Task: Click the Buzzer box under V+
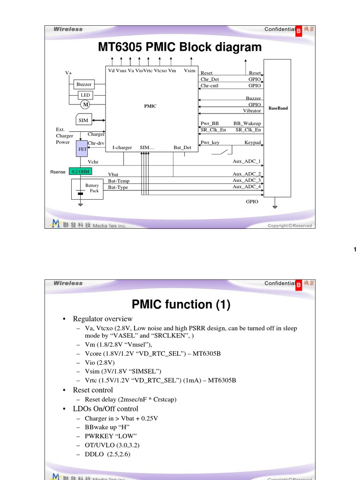point(84,84)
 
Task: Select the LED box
point(85,95)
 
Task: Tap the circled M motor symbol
point(85,104)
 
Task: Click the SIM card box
point(83,120)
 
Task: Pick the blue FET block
point(82,149)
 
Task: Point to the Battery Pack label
point(92,188)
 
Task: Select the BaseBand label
point(278,108)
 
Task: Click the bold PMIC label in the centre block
point(150,106)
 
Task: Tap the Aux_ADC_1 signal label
point(247,161)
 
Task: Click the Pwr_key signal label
point(210,142)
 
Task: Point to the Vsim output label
point(190,70)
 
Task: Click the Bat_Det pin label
point(182,148)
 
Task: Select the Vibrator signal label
point(252,111)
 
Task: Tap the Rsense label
point(58,172)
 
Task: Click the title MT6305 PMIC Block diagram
point(180,47)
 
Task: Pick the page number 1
point(355,249)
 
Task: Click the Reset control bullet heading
point(93,390)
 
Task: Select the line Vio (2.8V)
point(100,362)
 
